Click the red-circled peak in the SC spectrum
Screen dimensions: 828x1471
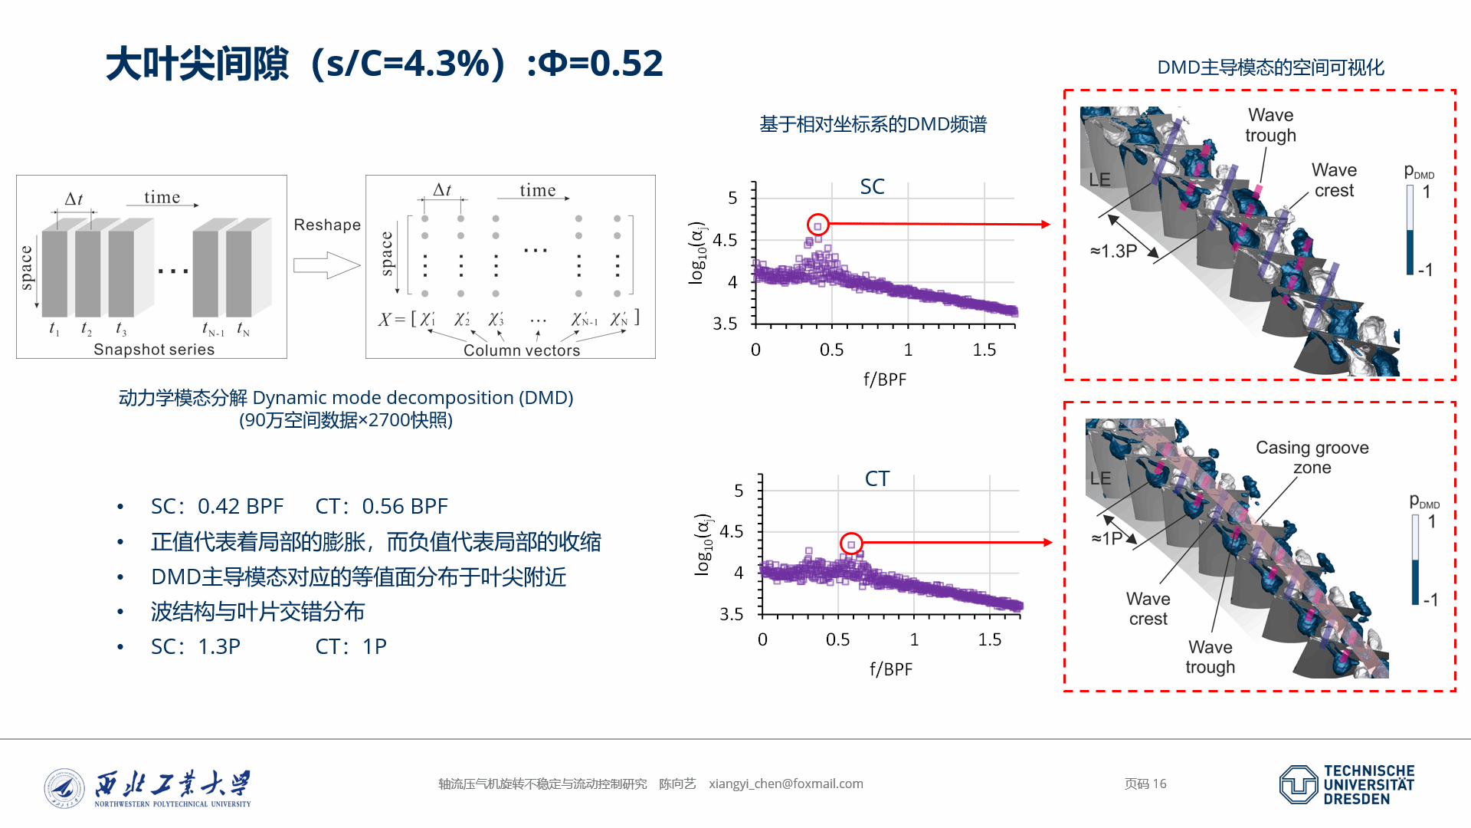point(818,225)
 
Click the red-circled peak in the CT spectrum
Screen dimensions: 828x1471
point(851,544)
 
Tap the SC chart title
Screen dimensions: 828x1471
point(872,187)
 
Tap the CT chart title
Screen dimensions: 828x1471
point(877,479)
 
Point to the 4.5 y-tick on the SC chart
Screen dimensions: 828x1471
point(725,241)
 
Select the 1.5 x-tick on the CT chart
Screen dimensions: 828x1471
point(990,639)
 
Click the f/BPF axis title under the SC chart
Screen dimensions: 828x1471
point(885,379)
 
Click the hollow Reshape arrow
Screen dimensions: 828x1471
point(326,265)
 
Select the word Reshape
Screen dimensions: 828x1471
point(327,225)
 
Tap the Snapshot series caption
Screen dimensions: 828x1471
point(154,350)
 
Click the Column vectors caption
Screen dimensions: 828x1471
point(522,350)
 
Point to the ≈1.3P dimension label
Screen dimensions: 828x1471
point(1113,251)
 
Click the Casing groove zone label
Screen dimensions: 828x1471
point(1312,458)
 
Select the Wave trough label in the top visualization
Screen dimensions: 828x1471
point(1270,125)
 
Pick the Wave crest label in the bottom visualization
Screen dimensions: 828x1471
point(1148,609)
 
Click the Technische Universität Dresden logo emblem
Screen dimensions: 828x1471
point(1299,784)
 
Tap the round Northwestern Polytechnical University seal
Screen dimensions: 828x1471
point(64,789)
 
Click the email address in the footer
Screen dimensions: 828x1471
point(785,784)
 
